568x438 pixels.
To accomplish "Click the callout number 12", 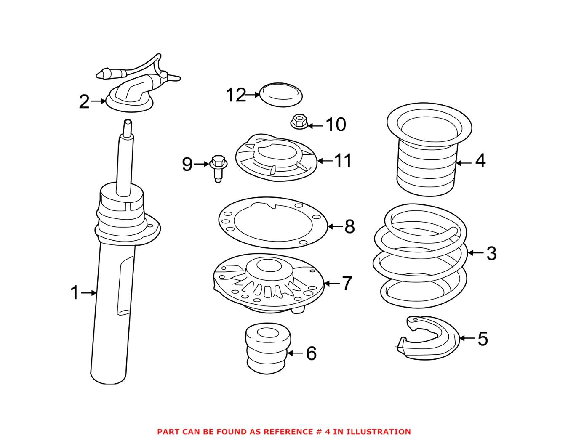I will pyautogui.click(x=235, y=95).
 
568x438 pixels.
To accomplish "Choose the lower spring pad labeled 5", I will pyautogui.click(x=427, y=339).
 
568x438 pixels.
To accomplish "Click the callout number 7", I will pyautogui.click(x=347, y=284).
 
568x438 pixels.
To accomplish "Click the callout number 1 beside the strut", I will pyautogui.click(x=75, y=293).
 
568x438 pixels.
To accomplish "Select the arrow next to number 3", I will pyautogui.click(x=476, y=253).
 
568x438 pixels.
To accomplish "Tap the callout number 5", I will pyautogui.click(x=483, y=338).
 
